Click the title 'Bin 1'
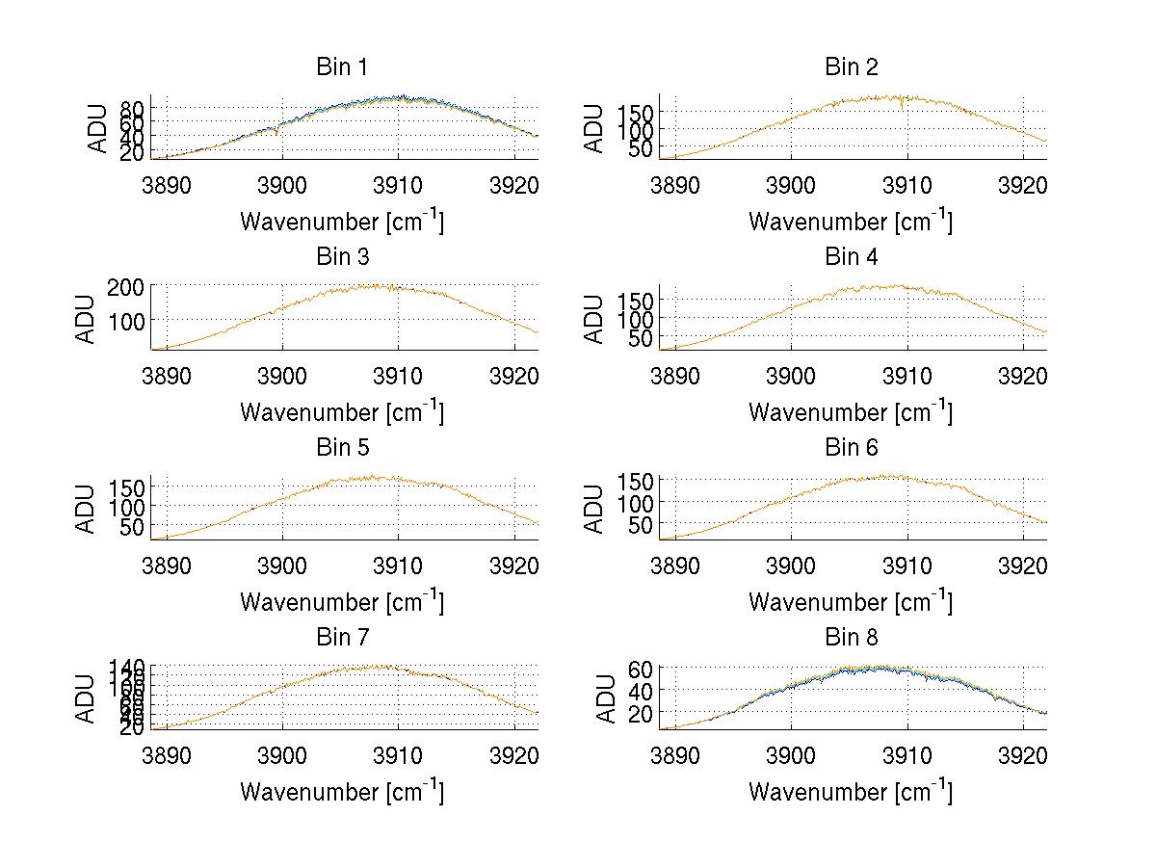tap(341, 67)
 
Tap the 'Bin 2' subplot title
tap(851, 67)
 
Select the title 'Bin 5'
tap(341, 448)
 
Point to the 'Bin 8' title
tap(851, 638)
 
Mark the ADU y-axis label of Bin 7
tap(86, 699)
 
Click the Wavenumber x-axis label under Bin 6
tap(851, 602)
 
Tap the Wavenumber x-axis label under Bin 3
tap(341, 412)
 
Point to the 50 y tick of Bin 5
tap(131, 526)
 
